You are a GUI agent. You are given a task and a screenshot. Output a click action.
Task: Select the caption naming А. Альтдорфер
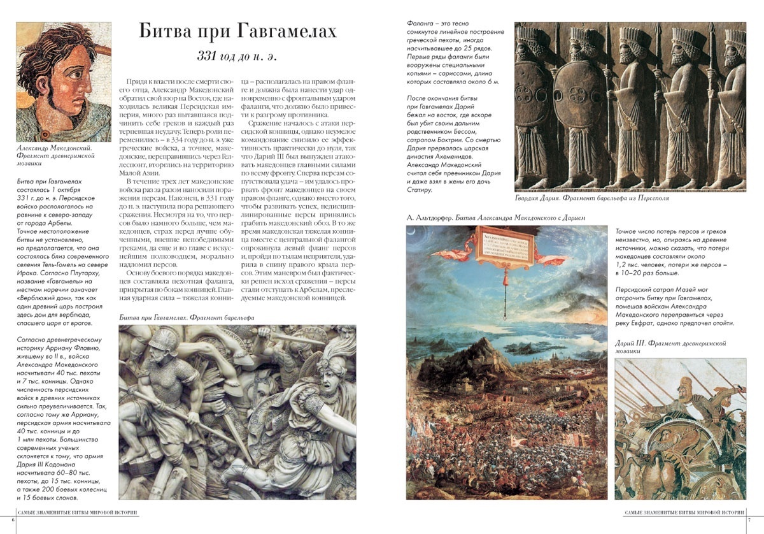497,218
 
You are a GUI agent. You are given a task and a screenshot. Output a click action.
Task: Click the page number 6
4,521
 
